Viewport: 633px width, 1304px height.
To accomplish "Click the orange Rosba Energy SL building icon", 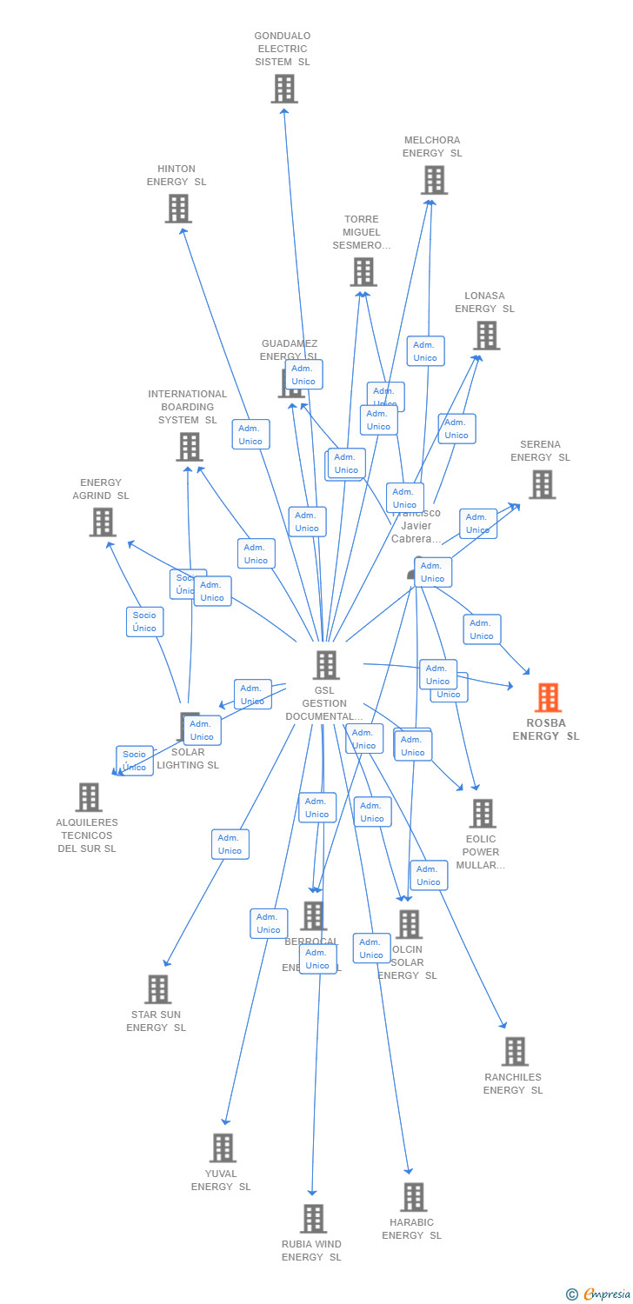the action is coord(548,697).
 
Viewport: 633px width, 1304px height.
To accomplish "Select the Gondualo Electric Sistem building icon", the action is coord(284,89).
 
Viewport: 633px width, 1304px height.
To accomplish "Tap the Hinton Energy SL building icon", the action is coord(178,209).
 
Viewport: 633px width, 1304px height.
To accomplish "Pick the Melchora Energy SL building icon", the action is coord(434,180).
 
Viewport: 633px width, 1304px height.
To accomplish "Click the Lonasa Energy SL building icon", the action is coord(486,336).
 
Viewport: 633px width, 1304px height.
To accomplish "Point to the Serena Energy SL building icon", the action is coord(542,484).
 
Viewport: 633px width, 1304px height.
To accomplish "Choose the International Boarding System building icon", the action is coord(189,447).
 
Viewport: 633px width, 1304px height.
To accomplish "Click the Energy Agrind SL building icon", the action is coord(103,522).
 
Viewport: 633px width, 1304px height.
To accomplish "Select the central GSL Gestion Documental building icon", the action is coord(326,665).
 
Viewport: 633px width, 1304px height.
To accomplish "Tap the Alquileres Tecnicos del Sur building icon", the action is coord(89,797).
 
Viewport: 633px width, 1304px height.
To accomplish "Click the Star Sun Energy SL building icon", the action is coord(157,989).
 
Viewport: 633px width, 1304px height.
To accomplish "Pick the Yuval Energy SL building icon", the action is coord(223,1148).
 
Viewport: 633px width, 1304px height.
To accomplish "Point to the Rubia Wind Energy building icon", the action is coord(313,1219).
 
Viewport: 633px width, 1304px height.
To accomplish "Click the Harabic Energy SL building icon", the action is coord(413,1197).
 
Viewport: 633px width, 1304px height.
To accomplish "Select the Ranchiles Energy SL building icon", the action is coord(515,1052).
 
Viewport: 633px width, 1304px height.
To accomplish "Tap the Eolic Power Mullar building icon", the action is coord(482,814).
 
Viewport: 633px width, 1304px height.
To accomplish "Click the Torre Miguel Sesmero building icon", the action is coord(363,272).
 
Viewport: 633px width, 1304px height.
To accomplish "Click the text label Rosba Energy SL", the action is coord(546,729).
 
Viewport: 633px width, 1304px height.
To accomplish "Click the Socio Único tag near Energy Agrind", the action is coord(144,622).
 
